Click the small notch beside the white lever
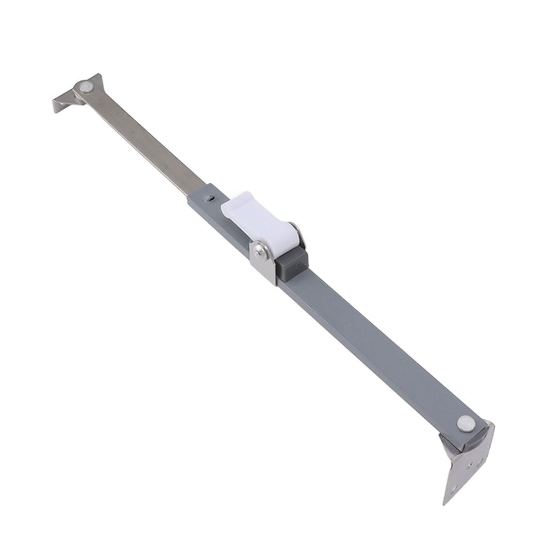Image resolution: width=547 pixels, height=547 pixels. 212,198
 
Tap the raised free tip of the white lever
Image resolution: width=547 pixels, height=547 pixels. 235,200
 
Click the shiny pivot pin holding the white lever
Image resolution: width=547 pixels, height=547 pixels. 260,250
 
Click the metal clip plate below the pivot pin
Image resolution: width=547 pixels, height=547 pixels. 265,267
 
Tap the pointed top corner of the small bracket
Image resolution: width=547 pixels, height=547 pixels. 97,75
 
